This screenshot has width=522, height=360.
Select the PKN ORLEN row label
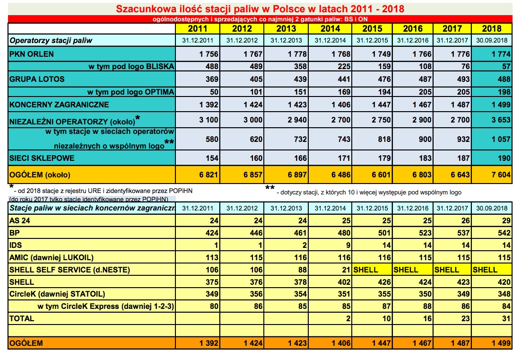(x=32, y=53)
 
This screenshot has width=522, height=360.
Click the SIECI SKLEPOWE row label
(x=42, y=158)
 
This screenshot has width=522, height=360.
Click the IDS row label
(x=15, y=245)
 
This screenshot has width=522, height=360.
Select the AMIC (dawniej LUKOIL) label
(x=52, y=257)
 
